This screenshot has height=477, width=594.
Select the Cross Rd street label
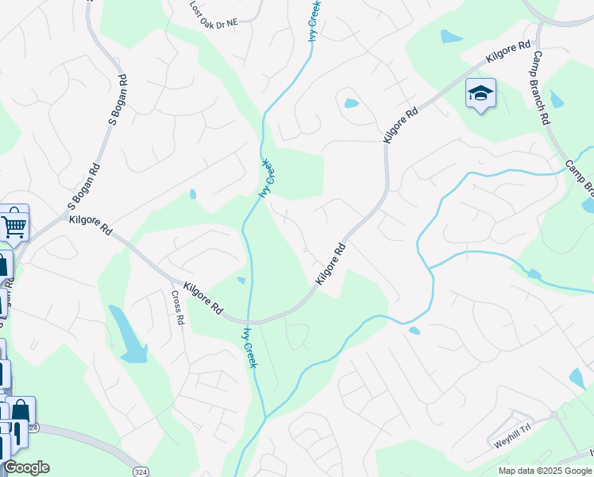[178, 308]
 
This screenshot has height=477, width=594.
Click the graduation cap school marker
[480, 94]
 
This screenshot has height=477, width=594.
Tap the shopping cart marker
[13, 225]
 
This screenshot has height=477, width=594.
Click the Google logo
[25, 467]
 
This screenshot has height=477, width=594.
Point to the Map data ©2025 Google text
[545, 471]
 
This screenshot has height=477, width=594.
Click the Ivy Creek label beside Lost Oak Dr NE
[314, 20]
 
